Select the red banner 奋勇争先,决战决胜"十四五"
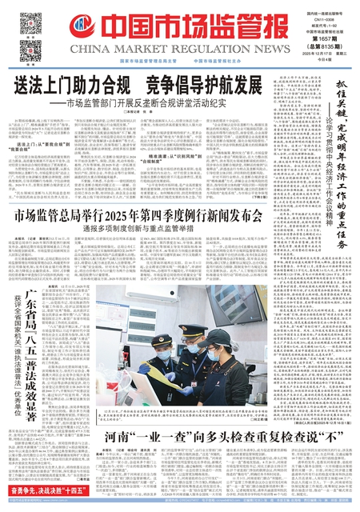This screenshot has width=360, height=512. tap(47, 496)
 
